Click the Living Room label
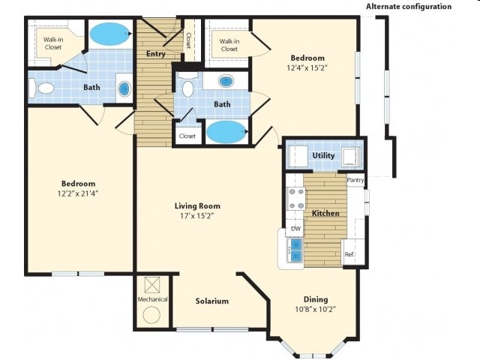click(197, 205)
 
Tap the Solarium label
click(212, 301)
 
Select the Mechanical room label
click(152, 299)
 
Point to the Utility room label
click(323, 155)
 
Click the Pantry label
click(355, 180)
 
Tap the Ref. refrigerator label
click(349, 255)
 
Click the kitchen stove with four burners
click(296, 197)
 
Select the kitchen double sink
click(295, 250)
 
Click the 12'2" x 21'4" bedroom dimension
click(79, 193)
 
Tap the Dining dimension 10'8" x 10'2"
click(315, 309)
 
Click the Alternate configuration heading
click(409, 6)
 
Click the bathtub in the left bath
click(109, 34)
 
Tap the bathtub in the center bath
click(225, 132)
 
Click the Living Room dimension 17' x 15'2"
click(197, 217)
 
